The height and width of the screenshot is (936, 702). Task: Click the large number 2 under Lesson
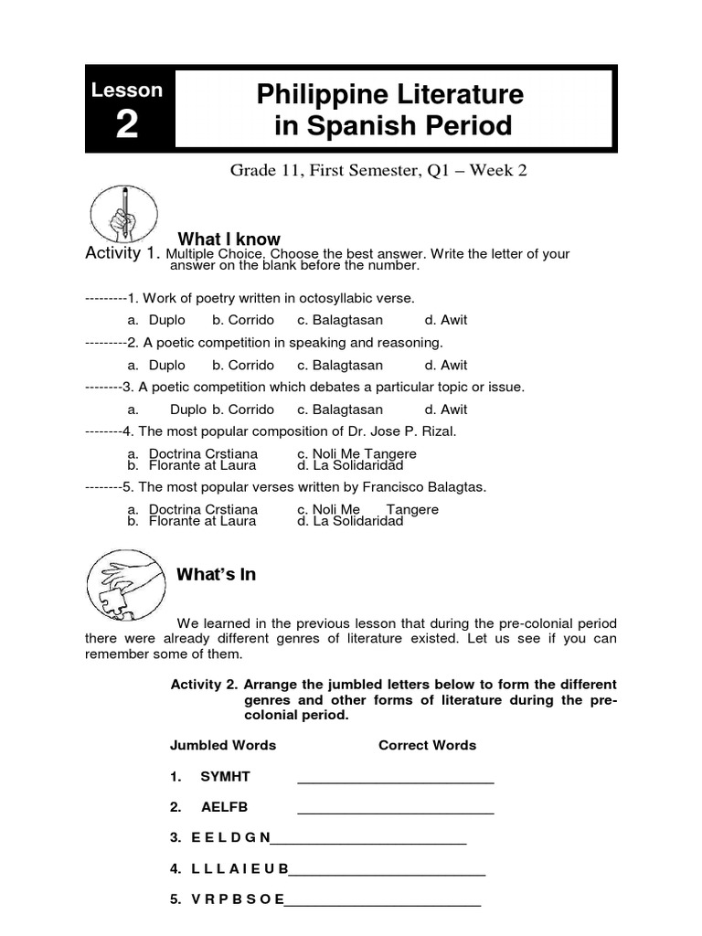point(127,125)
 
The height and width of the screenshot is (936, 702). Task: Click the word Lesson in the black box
point(127,90)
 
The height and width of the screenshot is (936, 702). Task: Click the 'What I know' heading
point(229,239)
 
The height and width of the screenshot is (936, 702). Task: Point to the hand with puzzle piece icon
point(116,583)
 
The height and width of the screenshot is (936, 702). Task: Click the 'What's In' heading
point(216,575)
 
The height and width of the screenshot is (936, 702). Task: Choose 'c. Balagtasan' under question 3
point(340,409)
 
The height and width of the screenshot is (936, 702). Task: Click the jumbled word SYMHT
point(225,776)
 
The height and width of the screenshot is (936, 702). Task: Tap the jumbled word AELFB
point(224,807)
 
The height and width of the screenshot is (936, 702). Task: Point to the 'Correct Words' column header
point(427,745)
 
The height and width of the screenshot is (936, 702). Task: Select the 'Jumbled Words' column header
point(223,745)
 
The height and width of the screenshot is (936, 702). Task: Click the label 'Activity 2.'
point(205,685)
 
